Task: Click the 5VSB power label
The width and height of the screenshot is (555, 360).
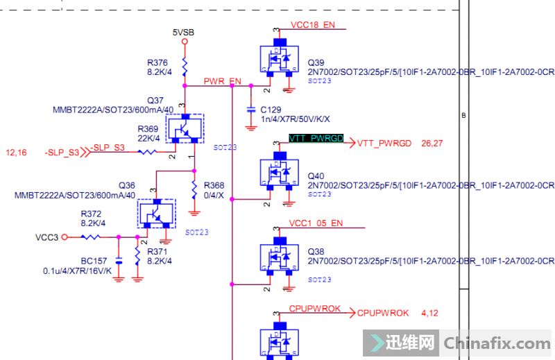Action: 185,32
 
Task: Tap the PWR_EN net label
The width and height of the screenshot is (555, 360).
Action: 223,81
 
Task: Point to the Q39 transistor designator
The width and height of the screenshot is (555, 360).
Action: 316,62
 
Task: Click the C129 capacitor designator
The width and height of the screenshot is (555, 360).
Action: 271,110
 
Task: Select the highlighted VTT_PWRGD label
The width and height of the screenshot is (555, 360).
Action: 316,139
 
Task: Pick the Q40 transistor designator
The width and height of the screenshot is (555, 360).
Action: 316,176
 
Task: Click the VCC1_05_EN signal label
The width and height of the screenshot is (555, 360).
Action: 316,223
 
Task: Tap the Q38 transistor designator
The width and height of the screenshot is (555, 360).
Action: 316,251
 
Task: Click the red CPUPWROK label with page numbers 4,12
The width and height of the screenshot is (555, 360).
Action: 383,312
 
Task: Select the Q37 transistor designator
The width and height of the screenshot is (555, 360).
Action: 155,101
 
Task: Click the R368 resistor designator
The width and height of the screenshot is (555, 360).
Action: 214,185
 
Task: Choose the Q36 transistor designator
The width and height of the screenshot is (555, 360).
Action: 127,186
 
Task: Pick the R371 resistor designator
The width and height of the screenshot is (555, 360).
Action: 157,251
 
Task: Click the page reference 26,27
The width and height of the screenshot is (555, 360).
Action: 432,144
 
